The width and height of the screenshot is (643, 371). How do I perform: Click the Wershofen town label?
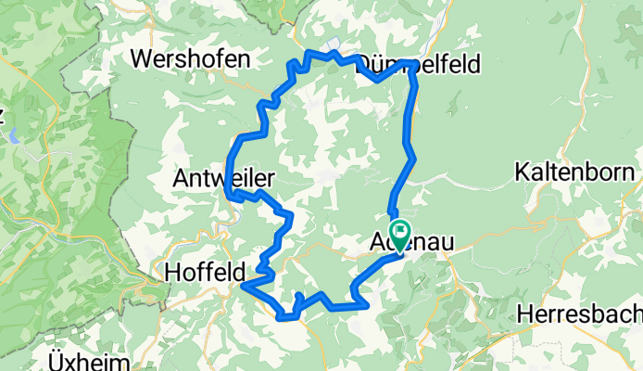pyautogui.click(x=191, y=59)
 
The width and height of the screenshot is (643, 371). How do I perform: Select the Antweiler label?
pyautogui.click(x=225, y=175)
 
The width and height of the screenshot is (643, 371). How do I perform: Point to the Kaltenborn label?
pyautogui.click(x=575, y=173)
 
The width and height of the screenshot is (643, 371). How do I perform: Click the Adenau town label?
pyautogui.click(x=405, y=243)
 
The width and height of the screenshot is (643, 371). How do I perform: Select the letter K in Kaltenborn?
pyautogui.click(x=523, y=173)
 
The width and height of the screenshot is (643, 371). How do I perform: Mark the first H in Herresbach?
pyautogui.click(x=526, y=313)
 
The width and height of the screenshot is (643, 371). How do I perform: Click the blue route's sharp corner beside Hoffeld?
pyautogui.click(x=243, y=288)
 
